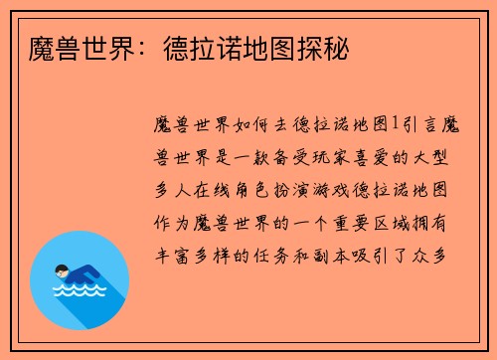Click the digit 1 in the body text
pyautogui.click(x=395, y=123)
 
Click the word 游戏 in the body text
pyautogui.click(x=335, y=189)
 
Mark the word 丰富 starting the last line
pyautogui.click(x=167, y=255)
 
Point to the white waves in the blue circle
pyautogui.click(x=77, y=291)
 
